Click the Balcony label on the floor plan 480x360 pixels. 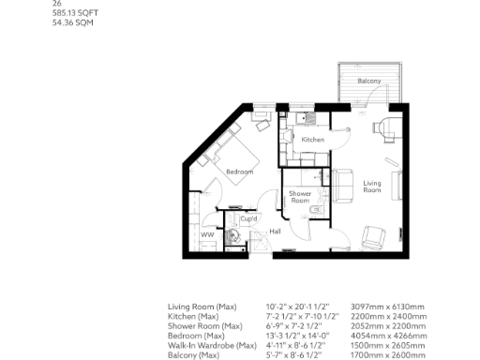(x=368, y=82)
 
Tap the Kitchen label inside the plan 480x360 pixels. (x=312, y=140)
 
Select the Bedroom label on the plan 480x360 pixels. (x=240, y=172)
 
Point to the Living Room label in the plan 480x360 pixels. (x=372, y=187)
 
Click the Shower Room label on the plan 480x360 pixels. (x=299, y=197)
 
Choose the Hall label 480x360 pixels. (x=276, y=231)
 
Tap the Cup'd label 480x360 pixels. (x=248, y=218)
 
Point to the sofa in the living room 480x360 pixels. (x=343, y=185)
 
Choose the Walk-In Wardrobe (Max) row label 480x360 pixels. (x=212, y=345)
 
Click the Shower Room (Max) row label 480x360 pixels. (x=203, y=326)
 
